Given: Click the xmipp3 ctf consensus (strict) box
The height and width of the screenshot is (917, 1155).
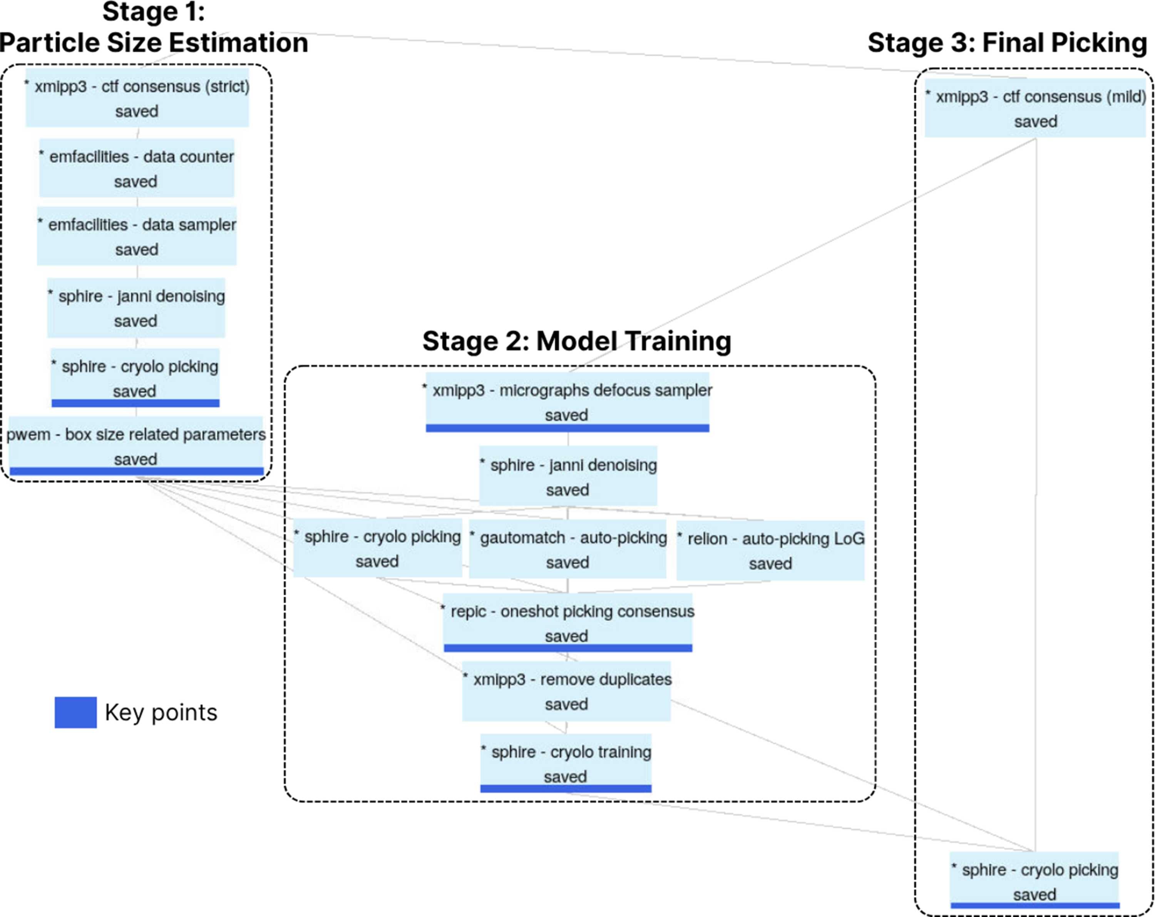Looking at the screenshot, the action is [137, 97].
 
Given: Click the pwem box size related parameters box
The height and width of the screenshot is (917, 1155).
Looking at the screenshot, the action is [136, 446].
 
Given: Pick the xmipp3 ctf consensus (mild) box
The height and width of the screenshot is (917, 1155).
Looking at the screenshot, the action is [1035, 108].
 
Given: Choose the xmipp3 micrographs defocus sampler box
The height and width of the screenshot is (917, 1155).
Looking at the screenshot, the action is [567, 402].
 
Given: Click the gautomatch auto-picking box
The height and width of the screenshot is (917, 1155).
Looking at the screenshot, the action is [568, 549].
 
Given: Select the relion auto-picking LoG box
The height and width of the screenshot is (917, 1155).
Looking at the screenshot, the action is [770, 550].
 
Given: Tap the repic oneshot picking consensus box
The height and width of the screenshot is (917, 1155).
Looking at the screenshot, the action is [568, 622].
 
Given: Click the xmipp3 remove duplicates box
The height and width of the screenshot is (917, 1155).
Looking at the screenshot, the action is [566, 691].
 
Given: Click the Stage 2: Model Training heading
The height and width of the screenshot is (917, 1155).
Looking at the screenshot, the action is [577, 341].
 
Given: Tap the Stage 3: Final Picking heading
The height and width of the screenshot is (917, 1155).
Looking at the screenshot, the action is [1007, 43].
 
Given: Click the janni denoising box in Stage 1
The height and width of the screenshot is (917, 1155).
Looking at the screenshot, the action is [136, 308].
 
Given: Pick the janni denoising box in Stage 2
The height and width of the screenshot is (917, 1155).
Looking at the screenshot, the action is [568, 476].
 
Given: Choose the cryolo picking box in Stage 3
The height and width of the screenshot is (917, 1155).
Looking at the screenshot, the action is [1035, 880].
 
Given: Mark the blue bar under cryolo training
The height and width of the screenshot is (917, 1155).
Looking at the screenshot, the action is [566, 788].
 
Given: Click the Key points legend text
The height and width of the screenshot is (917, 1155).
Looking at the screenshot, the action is [161, 713].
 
